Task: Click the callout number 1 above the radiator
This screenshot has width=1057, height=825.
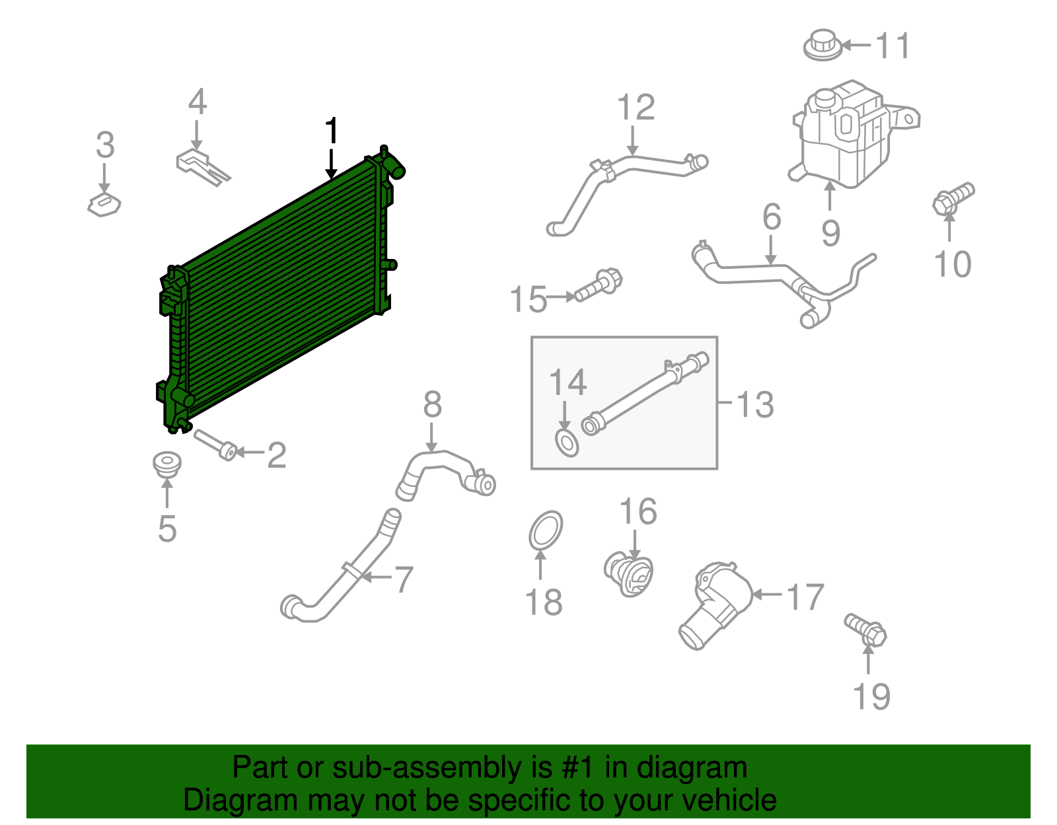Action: click(332, 131)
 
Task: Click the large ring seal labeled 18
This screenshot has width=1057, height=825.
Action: click(546, 530)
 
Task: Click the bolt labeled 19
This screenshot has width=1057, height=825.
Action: click(865, 628)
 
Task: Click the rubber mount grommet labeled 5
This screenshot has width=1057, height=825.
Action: click(166, 464)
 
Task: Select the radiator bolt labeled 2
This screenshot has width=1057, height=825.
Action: click(215, 444)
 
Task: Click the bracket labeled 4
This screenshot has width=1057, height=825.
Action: click(201, 166)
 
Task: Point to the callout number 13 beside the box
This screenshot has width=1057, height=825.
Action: click(755, 404)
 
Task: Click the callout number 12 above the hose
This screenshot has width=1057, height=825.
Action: click(636, 108)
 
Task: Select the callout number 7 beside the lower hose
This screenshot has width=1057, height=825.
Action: click(403, 580)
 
